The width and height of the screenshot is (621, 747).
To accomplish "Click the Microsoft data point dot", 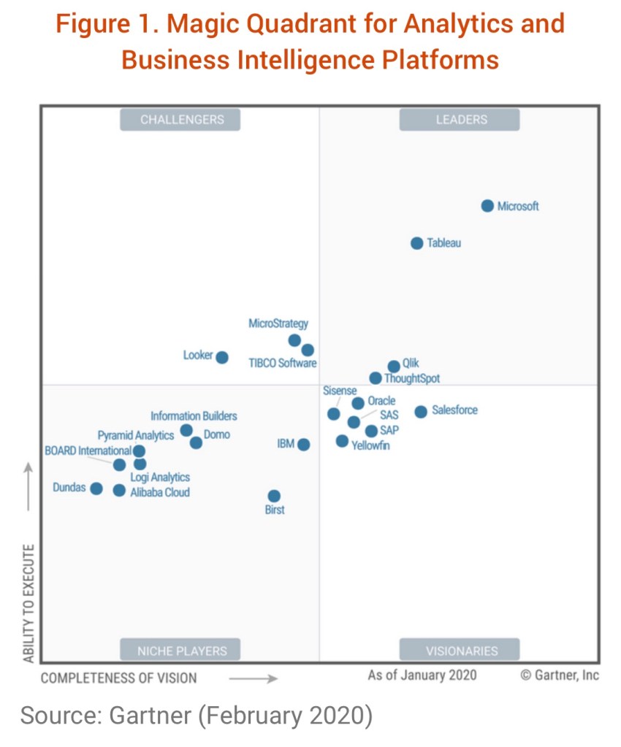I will click(487, 206).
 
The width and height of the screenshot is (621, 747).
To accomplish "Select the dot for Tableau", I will click(416, 243).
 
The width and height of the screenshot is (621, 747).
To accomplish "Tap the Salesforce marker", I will click(421, 412).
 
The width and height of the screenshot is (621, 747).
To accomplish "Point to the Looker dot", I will click(222, 357).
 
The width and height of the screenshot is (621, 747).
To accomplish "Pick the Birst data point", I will click(274, 496).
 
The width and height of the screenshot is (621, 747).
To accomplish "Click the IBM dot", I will click(303, 444).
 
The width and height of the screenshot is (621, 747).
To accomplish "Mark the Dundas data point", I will click(96, 488).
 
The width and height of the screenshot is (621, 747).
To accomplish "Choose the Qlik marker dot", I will click(394, 366).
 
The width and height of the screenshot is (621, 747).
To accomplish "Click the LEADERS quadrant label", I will click(460, 119).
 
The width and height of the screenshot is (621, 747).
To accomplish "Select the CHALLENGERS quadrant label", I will click(181, 119).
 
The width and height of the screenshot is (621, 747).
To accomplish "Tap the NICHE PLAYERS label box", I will click(181, 650).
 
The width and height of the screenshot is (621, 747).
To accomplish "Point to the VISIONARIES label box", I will click(460, 650).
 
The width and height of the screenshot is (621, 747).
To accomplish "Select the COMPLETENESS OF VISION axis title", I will click(118, 678).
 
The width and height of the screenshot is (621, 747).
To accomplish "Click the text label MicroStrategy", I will click(278, 323).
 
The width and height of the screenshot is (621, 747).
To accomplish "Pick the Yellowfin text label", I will click(370, 445).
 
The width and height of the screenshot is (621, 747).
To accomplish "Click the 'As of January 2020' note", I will click(422, 675).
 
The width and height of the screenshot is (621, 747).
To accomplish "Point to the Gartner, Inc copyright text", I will click(560, 675).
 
